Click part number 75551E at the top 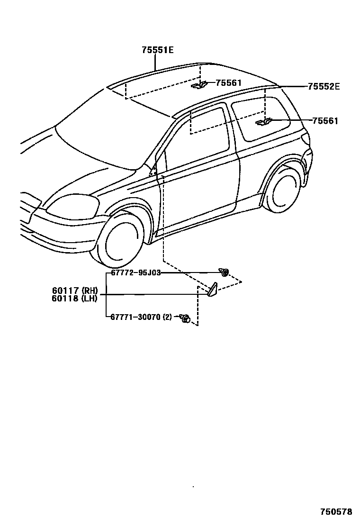(x=157, y=50)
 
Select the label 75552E (x=324, y=86)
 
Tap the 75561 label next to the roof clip (x=228, y=83)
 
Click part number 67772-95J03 (x=136, y=273)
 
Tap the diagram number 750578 (x=336, y=512)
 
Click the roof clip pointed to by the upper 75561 (x=199, y=85)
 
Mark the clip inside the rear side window (x=263, y=122)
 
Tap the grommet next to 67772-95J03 (x=224, y=272)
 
